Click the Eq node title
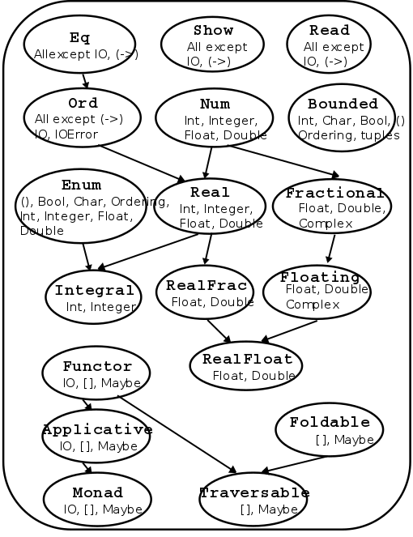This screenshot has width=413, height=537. pos(79,37)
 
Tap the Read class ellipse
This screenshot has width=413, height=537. pos(330,44)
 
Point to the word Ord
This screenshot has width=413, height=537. pos(83,103)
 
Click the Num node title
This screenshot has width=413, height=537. pos(215,104)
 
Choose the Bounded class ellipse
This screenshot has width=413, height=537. pos(343,118)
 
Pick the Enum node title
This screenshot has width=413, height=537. pos(81,185)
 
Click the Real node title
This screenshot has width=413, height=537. pos(210,192)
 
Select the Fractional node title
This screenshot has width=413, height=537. pos(334,193)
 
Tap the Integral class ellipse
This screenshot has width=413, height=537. pos(94,297)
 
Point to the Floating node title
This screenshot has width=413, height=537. pos(319,277)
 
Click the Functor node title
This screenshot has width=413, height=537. pos(97,367)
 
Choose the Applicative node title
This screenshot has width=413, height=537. pos(97,429)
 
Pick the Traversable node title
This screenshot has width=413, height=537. pos(254,492)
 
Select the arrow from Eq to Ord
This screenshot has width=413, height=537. pos(84,79)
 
